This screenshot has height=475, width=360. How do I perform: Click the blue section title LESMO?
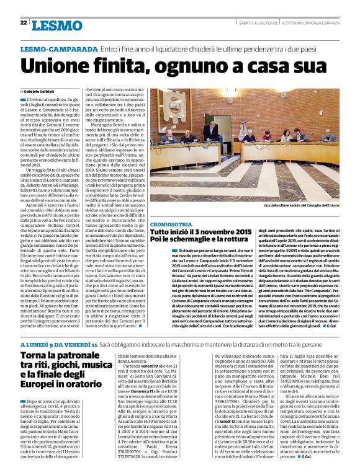[x=51, y=24]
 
